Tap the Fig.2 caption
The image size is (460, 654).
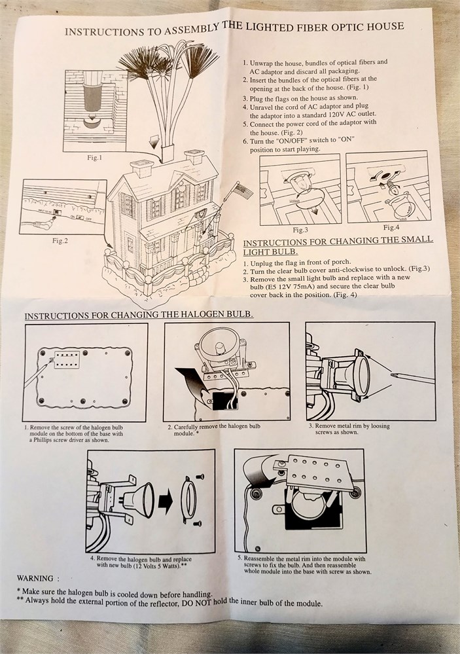tap(60, 240)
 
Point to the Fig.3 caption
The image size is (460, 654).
tap(300, 230)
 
